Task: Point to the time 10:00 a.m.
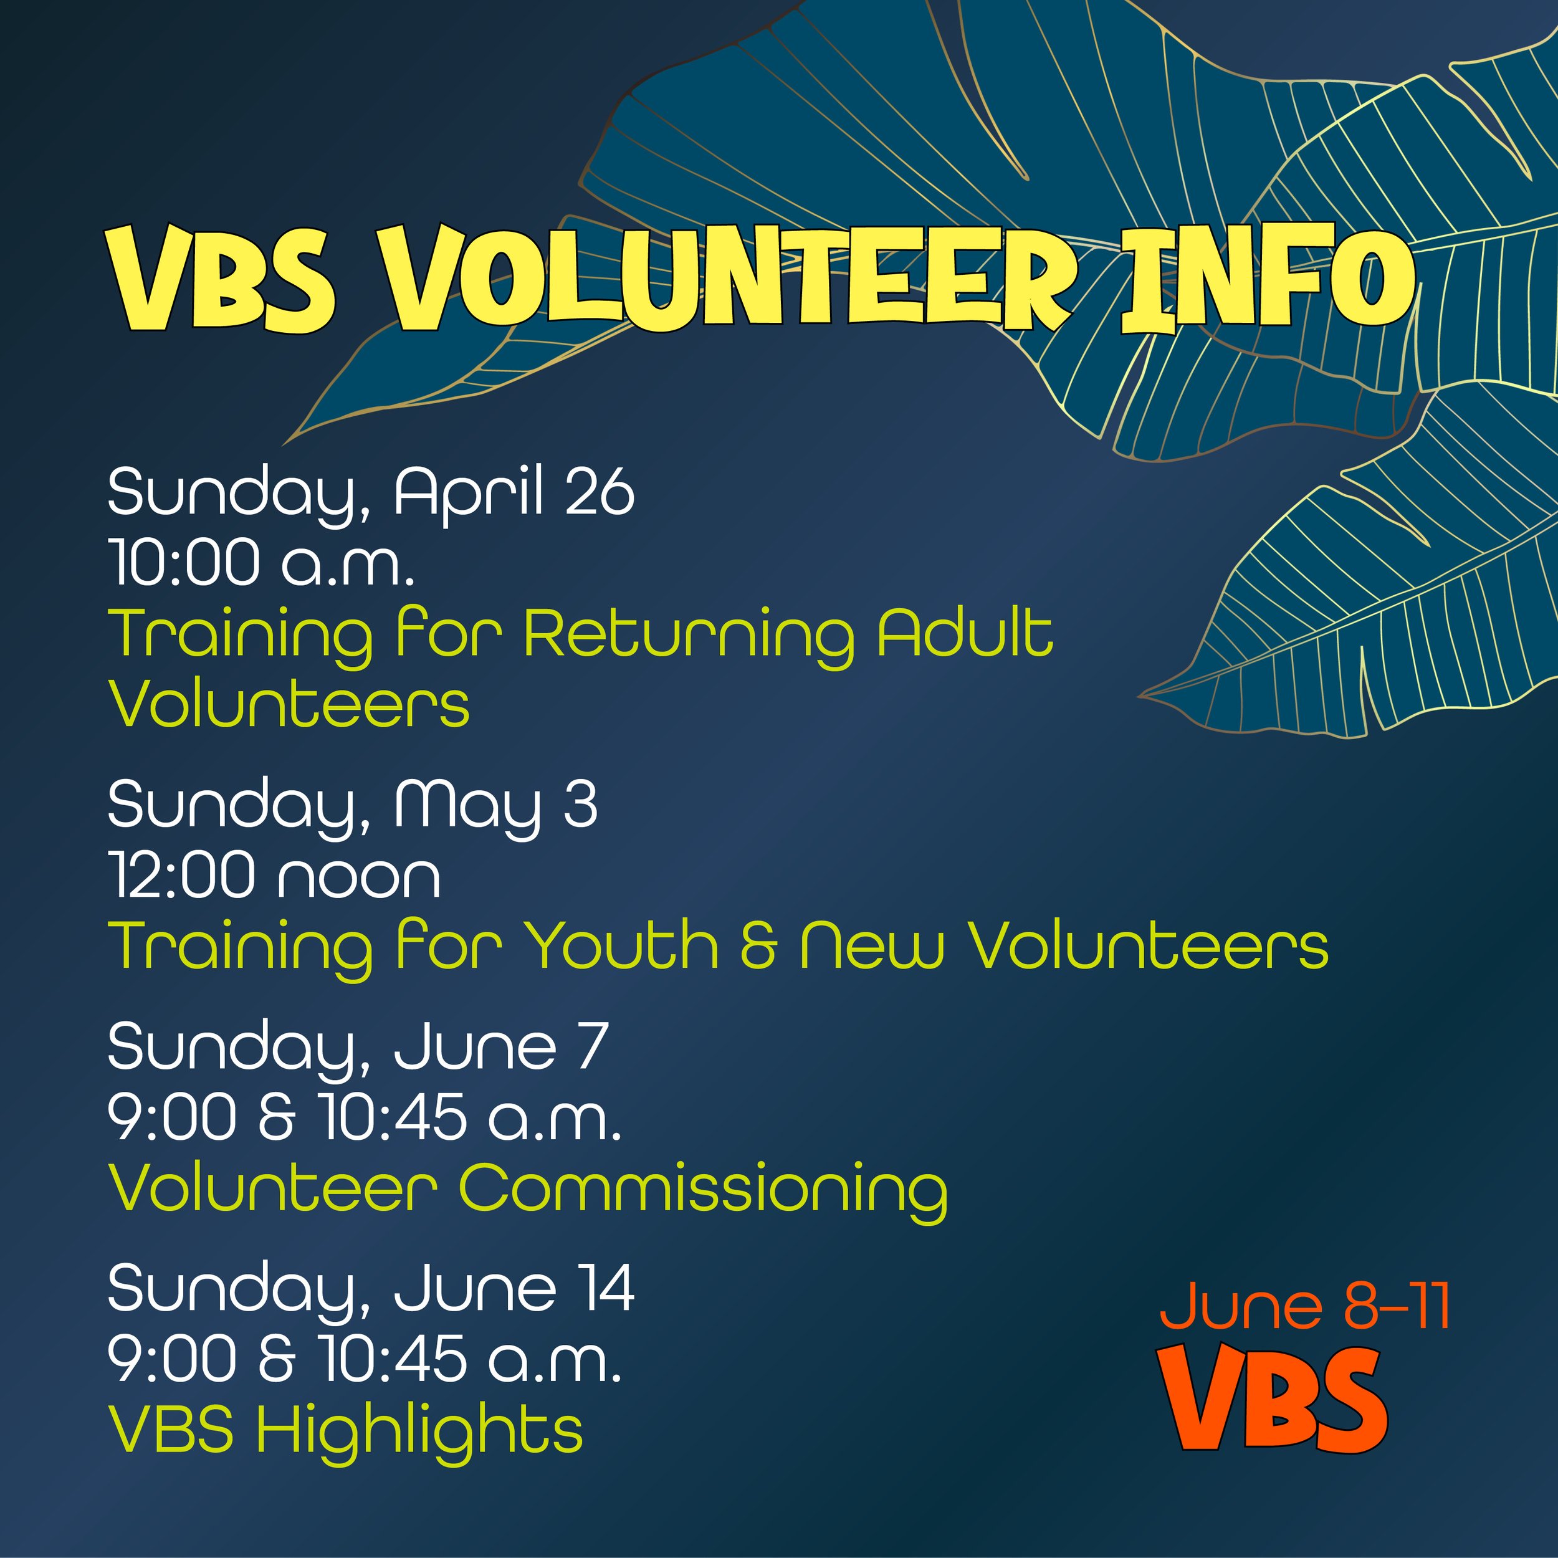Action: pyautogui.click(x=262, y=562)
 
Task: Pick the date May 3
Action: pyautogui.click(x=495, y=805)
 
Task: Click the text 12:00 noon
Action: pyautogui.click(x=274, y=875)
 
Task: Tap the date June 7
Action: pyautogui.click(x=500, y=1047)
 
